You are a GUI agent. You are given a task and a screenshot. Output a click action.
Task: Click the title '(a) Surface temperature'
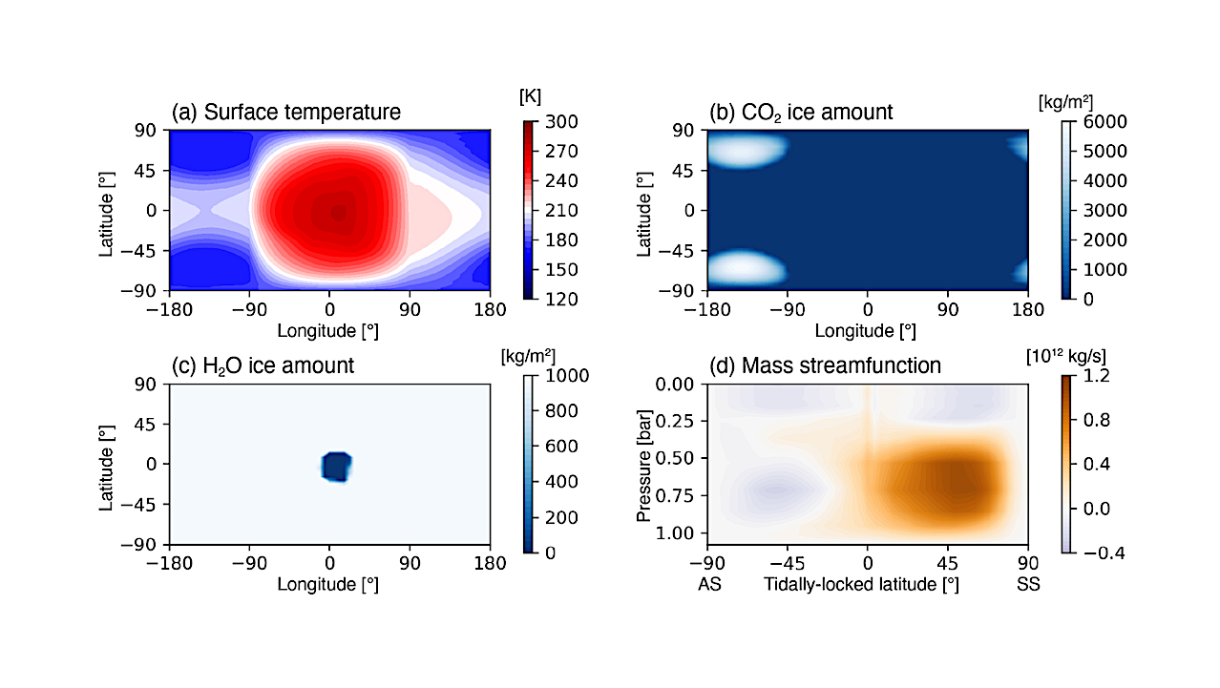pyautogui.click(x=285, y=112)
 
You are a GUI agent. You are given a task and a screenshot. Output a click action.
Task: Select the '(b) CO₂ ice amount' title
pyautogui.click(x=801, y=112)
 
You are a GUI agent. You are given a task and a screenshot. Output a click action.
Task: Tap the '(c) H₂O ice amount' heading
pyautogui.click(x=263, y=365)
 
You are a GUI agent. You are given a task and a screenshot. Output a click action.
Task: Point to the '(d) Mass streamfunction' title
pyautogui.click(x=825, y=365)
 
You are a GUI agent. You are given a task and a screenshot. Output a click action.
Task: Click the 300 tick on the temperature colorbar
pyautogui.click(x=560, y=122)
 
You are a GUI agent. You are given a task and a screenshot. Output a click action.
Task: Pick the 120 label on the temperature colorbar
pyautogui.click(x=560, y=299)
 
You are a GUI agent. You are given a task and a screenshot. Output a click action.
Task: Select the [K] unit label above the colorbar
pyautogui.click(x=531, y=97)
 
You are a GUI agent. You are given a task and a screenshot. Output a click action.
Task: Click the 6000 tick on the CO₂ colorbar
pyautogui.click(x=1102, y=122)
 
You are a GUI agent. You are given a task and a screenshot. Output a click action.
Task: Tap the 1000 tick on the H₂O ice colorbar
pyautogui.click(x=564, y=376)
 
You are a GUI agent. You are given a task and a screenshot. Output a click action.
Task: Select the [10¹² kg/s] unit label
pyautogui.click(x=1066, y=356)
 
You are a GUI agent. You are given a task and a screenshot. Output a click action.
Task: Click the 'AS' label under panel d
pyautogui.click(x=709, y=584)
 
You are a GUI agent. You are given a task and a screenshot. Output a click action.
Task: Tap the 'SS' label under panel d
pyautogui.click(x=1028, y=584)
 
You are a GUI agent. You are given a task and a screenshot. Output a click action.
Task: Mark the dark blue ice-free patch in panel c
pyautogui.click(x=336, y=467)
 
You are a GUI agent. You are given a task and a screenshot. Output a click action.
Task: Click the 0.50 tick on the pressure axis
pyautogui.click(x=680, y=458)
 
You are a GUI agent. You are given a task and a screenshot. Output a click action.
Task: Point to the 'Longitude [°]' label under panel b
pyautogui.click(x=866, y=331)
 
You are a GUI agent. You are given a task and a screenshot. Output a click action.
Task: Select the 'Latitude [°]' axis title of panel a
pyautogui.click(x=107, y=210)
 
